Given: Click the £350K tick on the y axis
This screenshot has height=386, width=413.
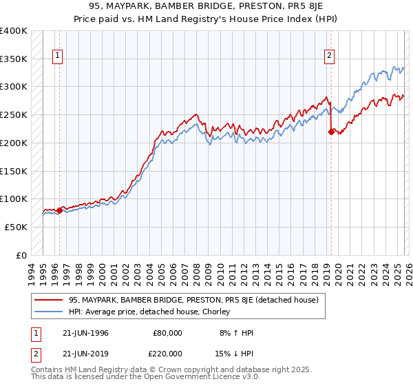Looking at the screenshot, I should pyautogui.click(x=14, y=59).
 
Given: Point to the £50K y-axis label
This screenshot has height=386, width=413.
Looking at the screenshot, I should pyautogui.click(x=16, y=227).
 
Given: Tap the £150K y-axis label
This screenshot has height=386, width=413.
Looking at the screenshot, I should pyautogui.click(x=14, y=171).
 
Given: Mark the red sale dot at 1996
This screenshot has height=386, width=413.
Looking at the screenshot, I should pyautogui.click(x=59, y=211).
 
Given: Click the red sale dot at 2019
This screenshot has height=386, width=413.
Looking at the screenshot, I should pyautogui.click(x=331, y=132).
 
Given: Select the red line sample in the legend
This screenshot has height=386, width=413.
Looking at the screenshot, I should pyautogui.click(x=49, y=301).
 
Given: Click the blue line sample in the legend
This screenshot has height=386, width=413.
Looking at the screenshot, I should pyautogui.click(x=49, y=312).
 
